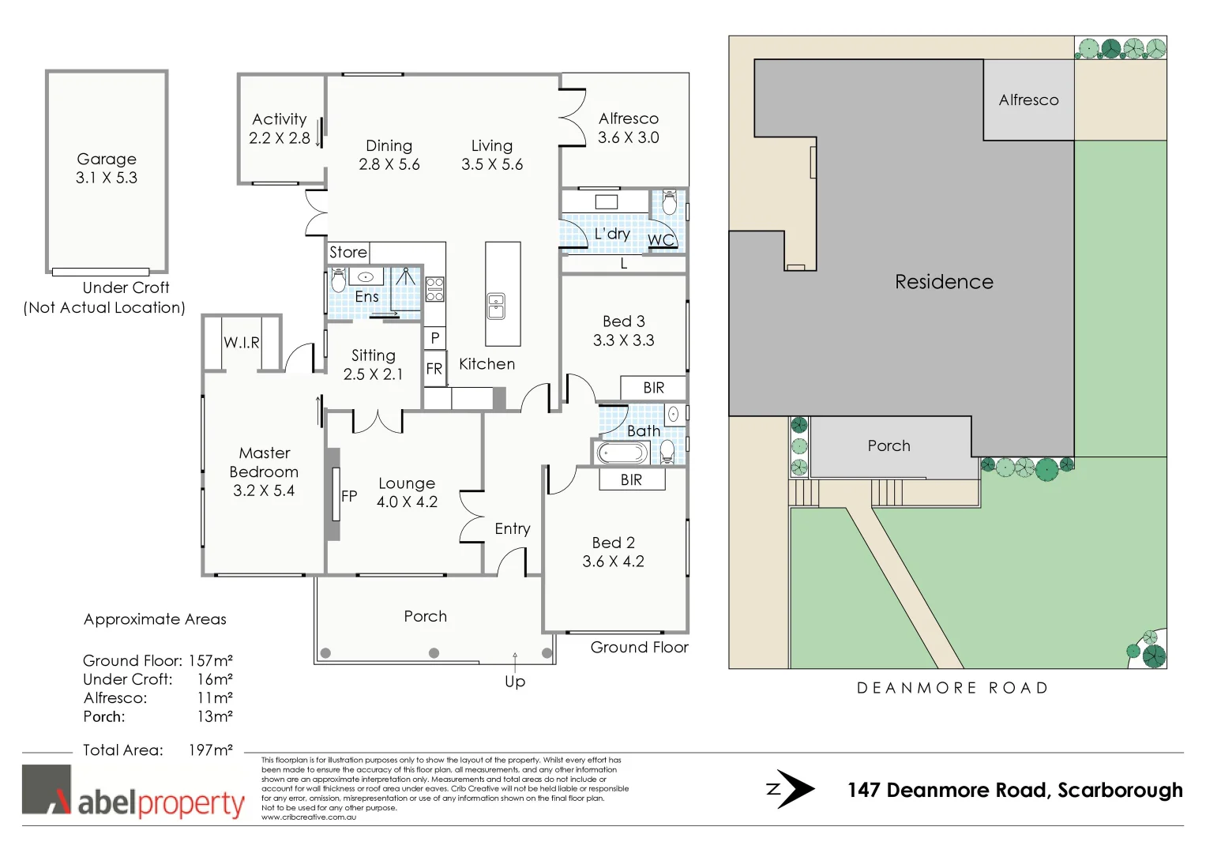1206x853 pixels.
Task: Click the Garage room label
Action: (107, 159)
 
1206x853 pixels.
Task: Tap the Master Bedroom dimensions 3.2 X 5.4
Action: (264, 490)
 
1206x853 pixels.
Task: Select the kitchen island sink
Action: (496, 305)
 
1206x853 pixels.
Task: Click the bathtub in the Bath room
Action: (622, 453)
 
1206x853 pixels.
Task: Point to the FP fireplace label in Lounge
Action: (349, 496)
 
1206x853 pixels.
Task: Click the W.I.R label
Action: (242, 343)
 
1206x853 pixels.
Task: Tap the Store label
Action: (348, 252)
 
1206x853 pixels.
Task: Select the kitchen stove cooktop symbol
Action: (435, 290)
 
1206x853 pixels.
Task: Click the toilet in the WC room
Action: (669, 203)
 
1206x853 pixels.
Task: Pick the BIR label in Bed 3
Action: (653, 388)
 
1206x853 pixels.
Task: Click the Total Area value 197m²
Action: (210, 750)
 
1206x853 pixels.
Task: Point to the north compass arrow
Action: (792, 789)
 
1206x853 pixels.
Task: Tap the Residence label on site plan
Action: (944, 282)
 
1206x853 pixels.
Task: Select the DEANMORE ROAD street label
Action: (952, 688)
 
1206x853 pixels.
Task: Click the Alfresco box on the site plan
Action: (1028, 100)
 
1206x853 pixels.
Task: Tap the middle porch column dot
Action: (434, 653)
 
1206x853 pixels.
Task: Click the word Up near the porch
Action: (515, 682)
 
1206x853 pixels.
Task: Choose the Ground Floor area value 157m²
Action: (210, 660)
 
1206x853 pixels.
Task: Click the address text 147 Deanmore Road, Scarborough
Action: (1015, 790)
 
